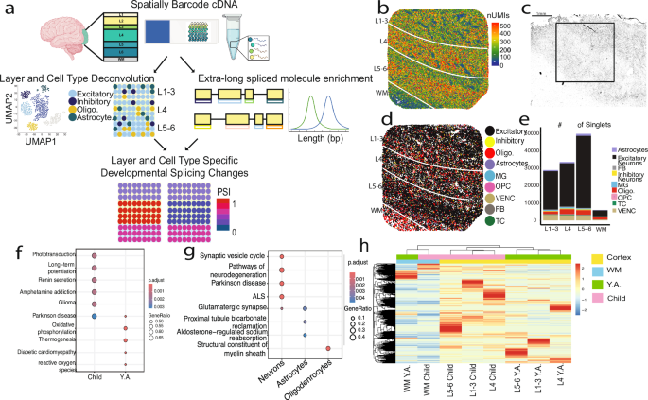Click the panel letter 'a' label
pyautogui.click(x=8, y=8)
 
